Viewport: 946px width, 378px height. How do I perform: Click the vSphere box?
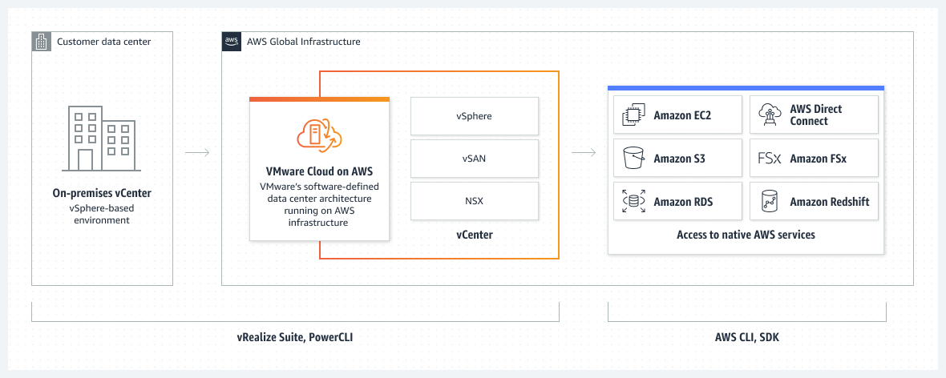point(474,116)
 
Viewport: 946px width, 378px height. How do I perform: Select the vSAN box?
point(474,159)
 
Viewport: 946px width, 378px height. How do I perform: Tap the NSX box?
point(474,201)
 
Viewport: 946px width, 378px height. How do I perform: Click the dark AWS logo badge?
point(231,42)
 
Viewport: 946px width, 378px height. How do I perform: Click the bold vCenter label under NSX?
point(474,235)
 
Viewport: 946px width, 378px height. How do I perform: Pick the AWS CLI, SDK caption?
point(746,338)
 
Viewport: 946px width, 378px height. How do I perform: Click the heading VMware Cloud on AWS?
point(319,171)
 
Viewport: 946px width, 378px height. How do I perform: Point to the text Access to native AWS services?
point(746,235)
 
